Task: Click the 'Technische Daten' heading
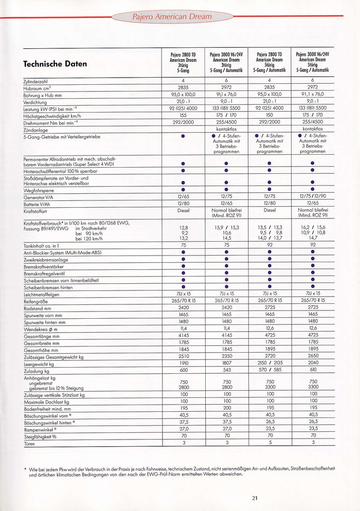coord(55,64)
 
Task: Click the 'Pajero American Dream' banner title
coord(179,16)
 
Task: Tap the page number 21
coord(255,497)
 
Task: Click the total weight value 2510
coord(184,355)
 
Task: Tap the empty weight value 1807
coord(227,362)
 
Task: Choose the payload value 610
coord(313,369)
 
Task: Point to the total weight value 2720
coord(270,355)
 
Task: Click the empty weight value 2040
coord(313,362)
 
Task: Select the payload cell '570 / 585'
coord(270,369)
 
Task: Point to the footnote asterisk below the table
coord(25,468)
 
